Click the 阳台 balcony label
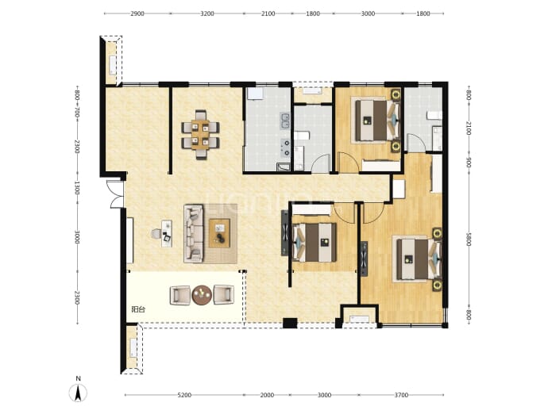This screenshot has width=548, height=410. tap(138, 309)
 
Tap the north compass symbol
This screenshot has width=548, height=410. tap(79, 391)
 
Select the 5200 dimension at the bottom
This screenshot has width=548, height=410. tap(184, 395)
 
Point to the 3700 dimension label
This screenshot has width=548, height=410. tap(401, 395)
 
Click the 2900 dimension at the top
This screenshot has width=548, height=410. tap(137, 13)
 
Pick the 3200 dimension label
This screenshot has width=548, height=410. tap(207, 13)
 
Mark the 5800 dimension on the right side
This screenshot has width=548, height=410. tap(469, 239)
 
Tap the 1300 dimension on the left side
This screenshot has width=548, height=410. tap(77, 188)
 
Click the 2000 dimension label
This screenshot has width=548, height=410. tap(267, 395)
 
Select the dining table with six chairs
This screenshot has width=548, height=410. tap(200, 135)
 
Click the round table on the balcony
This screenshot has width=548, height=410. tap(202, 295)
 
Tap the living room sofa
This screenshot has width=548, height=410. tap(194, 233)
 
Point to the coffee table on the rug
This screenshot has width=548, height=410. tap(219, 233)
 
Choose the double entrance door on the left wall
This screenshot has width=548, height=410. tap(115, 194)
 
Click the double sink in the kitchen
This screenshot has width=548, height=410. tap(285, 121)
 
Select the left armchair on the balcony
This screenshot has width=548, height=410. tap(180, 295)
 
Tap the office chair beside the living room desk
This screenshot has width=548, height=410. tap(156, 233)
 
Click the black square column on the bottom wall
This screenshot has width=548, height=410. tap(290, 323)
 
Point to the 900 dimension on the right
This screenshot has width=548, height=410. tap(469, 163)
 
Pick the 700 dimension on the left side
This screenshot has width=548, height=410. tap(77, 113)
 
